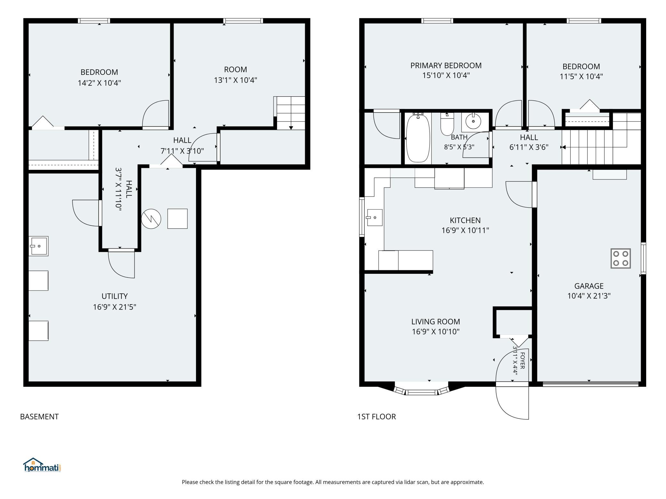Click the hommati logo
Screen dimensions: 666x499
click(x=42, y=465)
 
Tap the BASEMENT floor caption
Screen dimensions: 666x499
click(x=39, y=417)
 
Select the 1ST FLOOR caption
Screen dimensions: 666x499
click(x=377, y=417)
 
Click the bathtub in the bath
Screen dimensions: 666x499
click(x=418, y=138)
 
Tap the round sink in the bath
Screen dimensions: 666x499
click(x=473, y=121)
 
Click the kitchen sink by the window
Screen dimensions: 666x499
click(x=375, y=218)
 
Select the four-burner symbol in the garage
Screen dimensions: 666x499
click(x=621, y=258)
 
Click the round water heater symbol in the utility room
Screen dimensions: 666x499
click(x=151, y=219)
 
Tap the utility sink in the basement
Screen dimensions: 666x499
click(x=38, y=246)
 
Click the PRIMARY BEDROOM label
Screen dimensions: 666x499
click(x=446, y=66)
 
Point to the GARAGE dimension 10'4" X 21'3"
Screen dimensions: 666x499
click(x=589, y=296)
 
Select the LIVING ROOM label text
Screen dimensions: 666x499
click(x=435, y=321)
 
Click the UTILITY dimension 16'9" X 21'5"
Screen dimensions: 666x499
click(x=115, y=307)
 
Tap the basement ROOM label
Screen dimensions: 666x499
click(x=235, y=69)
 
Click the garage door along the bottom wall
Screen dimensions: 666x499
click(x=590, y=384)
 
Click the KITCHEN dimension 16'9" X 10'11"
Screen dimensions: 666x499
click(x=465, y=230)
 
